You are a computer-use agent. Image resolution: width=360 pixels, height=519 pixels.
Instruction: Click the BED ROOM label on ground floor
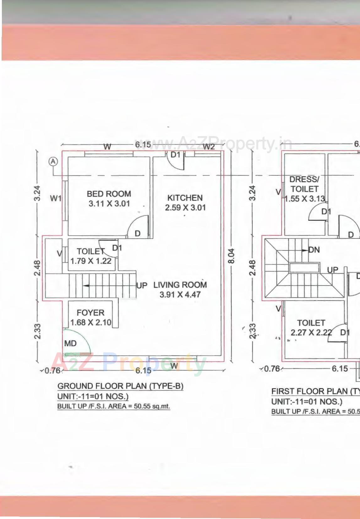pos(109,194)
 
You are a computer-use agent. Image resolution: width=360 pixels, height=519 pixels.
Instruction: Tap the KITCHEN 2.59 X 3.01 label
pos(185,203)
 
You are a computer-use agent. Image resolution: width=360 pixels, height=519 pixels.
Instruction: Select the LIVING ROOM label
pos(180,285)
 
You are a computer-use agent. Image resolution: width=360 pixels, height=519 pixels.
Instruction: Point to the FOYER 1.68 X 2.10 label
pos(90,318)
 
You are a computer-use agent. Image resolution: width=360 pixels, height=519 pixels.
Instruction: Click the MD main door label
pos(70,344)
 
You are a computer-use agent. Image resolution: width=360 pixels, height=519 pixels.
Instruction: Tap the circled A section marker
pos(53,162)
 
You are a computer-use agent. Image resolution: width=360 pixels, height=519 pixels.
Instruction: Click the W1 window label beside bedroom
pos(56,198)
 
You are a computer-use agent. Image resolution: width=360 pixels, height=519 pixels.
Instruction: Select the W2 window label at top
pos(209,147)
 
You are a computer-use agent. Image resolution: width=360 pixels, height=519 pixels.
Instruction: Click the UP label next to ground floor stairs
pos(142,286)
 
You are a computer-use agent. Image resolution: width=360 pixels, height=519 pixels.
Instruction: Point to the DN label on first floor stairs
pos(314,250)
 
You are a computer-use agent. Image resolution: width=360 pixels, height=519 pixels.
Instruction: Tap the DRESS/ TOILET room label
pos(304,184)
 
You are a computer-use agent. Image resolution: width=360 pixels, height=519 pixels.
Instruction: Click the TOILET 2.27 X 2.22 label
pos(311,328)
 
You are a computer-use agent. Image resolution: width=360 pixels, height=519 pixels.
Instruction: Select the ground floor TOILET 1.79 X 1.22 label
pos(91,256)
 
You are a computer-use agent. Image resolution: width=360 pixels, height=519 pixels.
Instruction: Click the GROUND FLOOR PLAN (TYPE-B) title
pos(120,386)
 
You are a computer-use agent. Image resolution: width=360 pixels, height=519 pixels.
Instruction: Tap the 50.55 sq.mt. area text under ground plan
pos(152,406)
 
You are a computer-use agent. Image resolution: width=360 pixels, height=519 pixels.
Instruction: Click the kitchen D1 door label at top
pos(175,155)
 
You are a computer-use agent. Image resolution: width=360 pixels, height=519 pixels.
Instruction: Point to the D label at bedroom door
pos(137,234)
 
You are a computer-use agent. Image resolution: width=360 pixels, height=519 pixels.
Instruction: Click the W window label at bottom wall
pos(174,366)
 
